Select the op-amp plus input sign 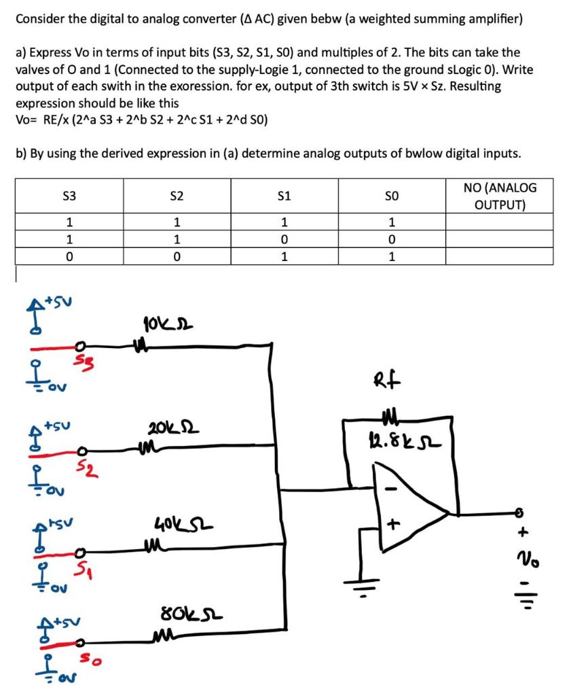392,525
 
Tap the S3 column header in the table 69,196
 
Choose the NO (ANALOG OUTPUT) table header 500,196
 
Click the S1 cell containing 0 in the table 284,239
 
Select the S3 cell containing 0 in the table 69,256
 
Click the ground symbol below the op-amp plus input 360,581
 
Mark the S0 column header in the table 392,196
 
